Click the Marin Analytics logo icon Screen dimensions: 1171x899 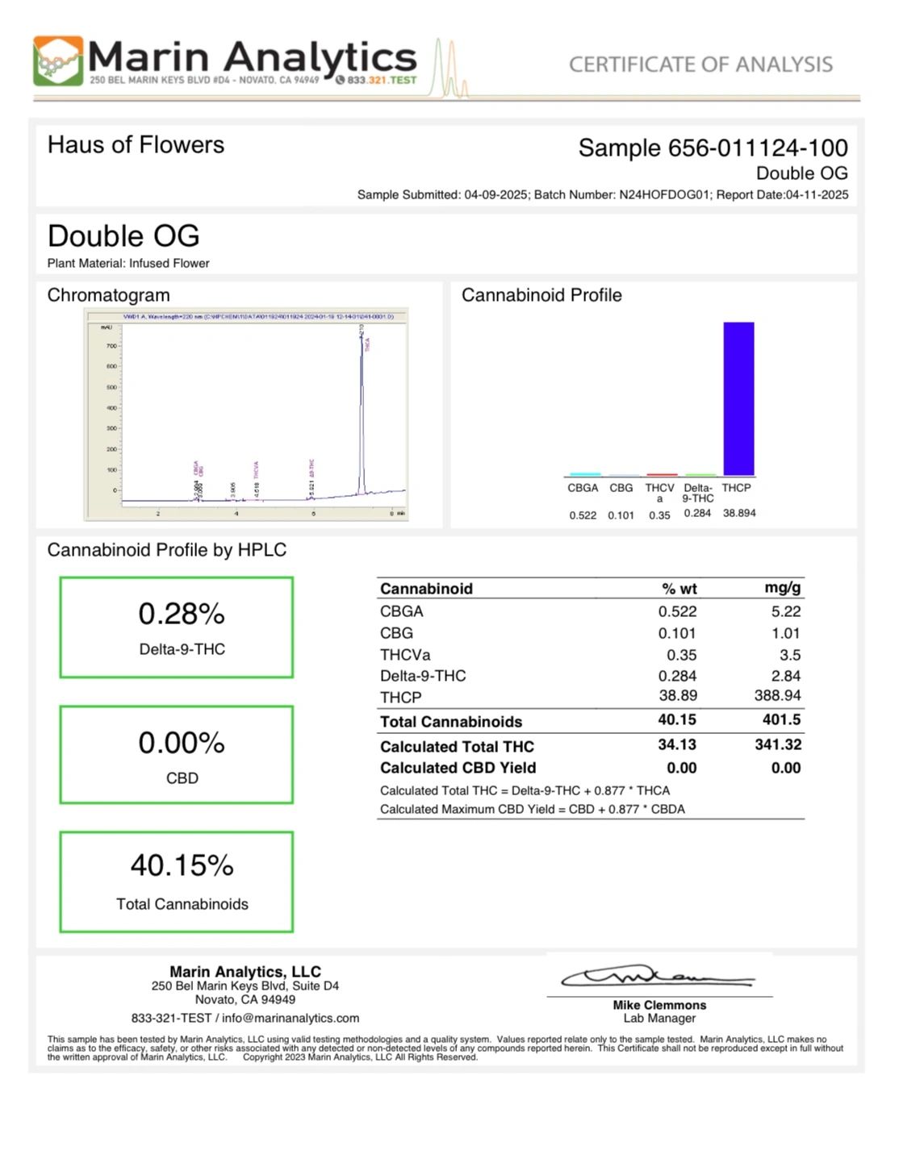pos(58,60)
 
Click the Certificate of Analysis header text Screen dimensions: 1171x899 pos(700,65)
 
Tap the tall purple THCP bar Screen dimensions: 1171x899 pos(738,398)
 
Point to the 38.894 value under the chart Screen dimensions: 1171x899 pos(739,513)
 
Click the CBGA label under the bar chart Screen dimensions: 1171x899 pos(583,488)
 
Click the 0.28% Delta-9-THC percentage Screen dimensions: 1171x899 pos(182,615)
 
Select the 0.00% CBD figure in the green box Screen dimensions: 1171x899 pos(182,743)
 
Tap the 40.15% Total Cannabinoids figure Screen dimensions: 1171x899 pos(182,865)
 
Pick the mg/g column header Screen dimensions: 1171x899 pos(782,588)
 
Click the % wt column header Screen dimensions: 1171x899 pos(679,589)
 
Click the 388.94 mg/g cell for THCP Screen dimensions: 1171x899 pos(777,695)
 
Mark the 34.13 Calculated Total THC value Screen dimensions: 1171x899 pos(677,744)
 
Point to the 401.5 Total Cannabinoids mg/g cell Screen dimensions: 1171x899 pos(781,719)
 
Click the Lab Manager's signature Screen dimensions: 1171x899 pos(658,977)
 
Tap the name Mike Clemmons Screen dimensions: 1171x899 pos(659,1005)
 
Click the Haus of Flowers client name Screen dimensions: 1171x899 pos(136,145)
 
